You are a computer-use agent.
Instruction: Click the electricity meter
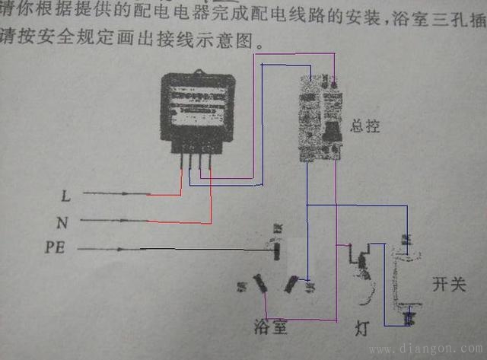pyautogui.click(x=195, y=114)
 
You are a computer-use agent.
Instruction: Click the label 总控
pyautogui.click(x=365, y=126)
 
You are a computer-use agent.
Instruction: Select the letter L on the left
pyautogui.click(x=66, y=196)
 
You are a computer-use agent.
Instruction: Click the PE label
pyautogui.click(x=57, y=248)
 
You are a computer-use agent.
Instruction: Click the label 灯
pyautogui.click(x=362, y=330)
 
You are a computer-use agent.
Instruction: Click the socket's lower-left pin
pyautogui.click(x=259, y=285)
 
